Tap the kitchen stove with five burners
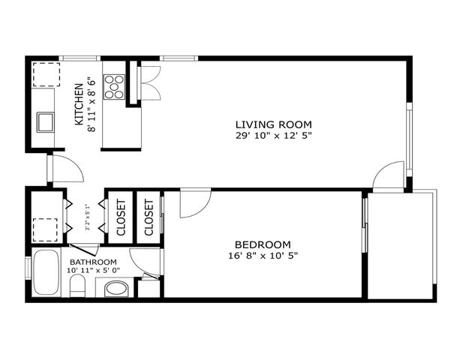pyautogui.click(x=115, y=86)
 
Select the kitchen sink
pyautogui.click(x=44, y=120)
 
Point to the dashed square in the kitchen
pyautogui.click(x=44, y=75)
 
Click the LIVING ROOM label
pyautogui.click(x=273, y=124)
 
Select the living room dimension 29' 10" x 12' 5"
pyautogui.click(x=273, y=136)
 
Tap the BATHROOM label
pyautogui.click(x=93, y=262)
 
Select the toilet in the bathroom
pyautogui.click(x=77, y=286)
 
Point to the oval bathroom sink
pyautogui.click(x=117, y=288)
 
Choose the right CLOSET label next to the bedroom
pyautogui.click(x=149, y=217)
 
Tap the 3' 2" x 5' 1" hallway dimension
pyautogui.click(x=87, y=217)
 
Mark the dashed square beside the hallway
pyautogui.click(x=45, y=228)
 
